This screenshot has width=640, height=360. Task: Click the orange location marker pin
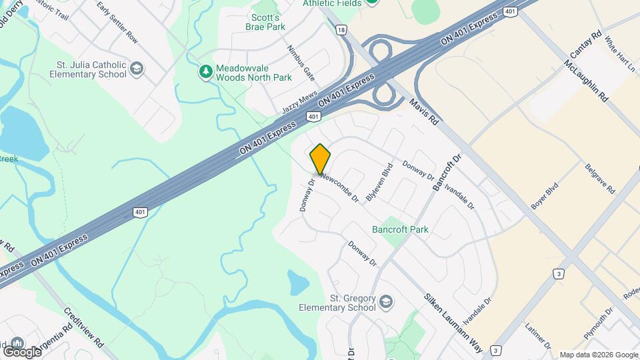pyautogui.click(x=320, y=159)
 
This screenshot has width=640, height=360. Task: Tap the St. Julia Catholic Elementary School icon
pyautogui.click(x=137, y=69)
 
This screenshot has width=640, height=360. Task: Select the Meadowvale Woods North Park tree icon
pyautogui.click(x=207, y=70)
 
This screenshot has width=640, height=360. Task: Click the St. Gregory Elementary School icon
pyautogui.click(x=386, y=303)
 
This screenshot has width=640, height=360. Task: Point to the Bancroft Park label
pyautogui.click(x=400, y=229)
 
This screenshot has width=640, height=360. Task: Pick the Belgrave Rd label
pyautogui.click(x=599, y=178)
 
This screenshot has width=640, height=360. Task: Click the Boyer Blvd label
pyautogui.click(x=543, y=199)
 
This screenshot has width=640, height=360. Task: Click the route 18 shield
pyautogui.click(x=341, y=30)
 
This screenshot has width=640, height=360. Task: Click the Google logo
pyautogui.click(x=22, y=351)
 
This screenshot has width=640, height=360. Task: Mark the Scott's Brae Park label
pyautogui.click(x=268, y=22)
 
